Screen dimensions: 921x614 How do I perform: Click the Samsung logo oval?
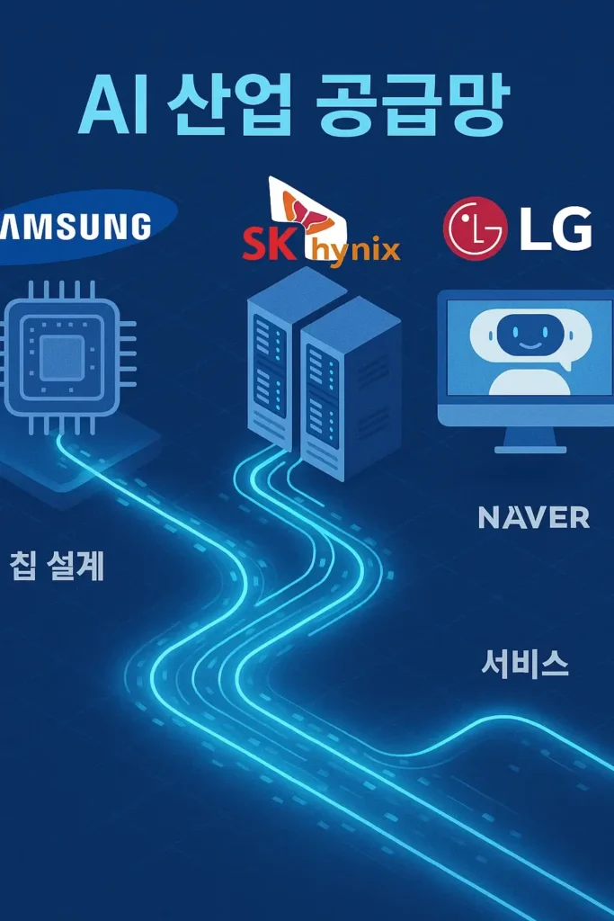(x=81, y=227)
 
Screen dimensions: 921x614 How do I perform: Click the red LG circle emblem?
(x=476, y=228)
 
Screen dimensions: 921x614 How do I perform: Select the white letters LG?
(x=556, y=230)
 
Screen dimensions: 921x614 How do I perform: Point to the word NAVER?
(x=534, y=517)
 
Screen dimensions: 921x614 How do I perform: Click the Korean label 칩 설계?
(x=58, y=567)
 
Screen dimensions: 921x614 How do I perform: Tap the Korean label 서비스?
(x=524, y=664)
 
